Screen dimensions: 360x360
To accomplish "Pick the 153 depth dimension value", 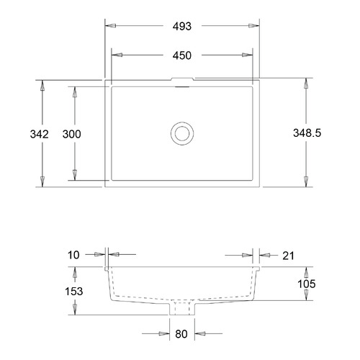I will pyautogui.click(x=73, y=292).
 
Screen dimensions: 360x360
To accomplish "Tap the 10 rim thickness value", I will pyautogui.click(x=74, y=254).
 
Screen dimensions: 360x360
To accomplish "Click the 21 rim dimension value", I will pyautogui.click(x=288, y=254).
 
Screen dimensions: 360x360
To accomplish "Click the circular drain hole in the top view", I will pyautogui.click(x=182, y=132).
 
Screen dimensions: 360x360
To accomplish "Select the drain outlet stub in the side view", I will pyautogui.click(x=183, y=308).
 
